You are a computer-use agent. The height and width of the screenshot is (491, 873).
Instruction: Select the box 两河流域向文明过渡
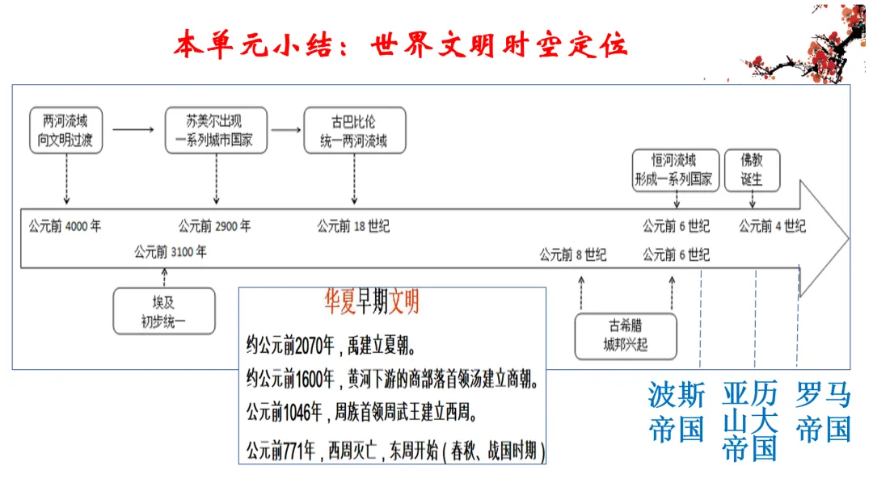click(x=65, y=131)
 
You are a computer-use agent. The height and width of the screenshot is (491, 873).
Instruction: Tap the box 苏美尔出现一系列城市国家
click(x=215, y=131)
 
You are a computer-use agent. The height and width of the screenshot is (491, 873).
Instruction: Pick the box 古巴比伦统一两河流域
click(x=353, y=131)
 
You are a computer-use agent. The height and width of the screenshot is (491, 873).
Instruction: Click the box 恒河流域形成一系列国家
click(x=673, y=170)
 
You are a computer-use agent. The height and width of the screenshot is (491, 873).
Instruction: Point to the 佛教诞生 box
click(x=752, y=170)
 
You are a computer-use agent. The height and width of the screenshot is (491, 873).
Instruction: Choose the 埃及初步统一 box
click(x=164, y=312)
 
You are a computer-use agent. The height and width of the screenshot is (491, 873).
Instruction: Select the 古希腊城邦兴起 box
click(x=625, y=336)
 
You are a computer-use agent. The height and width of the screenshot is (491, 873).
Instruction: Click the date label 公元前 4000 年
click(x=65, y=226)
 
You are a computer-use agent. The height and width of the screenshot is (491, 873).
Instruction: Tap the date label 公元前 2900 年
click(x=215, y=226)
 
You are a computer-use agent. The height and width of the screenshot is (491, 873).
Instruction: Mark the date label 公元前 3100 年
click(x=171, y=252)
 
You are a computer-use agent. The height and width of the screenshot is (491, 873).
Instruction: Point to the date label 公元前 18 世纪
click(x=353, y=226)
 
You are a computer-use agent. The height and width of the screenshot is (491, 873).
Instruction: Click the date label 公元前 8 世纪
click(x=573, y=255)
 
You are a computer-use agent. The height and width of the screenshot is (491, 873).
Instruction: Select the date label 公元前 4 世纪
click(x=772, y=226)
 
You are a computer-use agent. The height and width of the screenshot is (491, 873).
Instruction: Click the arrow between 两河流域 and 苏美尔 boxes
click(x=133, y=128)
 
